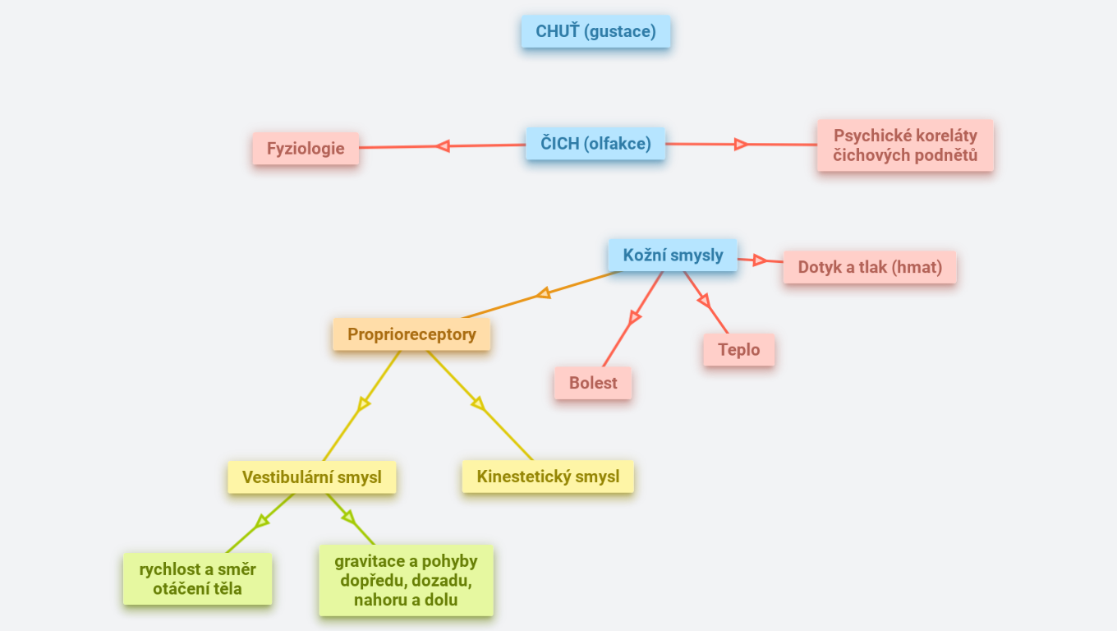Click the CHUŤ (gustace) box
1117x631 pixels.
pyautogui.click(x=595, y=32)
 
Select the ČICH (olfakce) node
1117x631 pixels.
pyautogui.click(x=595, y=144)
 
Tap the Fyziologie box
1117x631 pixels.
pyautogui.click(x=306, y=150)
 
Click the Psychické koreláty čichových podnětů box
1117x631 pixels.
pyautogui.click(x=905, y=145)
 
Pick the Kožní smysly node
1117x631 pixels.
pyautogui.click(x=673, y=255)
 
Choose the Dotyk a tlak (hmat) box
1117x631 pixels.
pyautogui.click(x=870, y=267)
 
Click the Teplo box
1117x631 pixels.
pyautogui.click(x=738, y=349)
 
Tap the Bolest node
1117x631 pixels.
pyautogui.click(x=593, y=383)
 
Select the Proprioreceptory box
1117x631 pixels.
pyautogui.click(x=411, y=334)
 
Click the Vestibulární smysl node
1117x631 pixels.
pyautogui.click(x=312, y=477)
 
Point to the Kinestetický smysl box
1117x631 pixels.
pyautogui.click(x=548, y=477)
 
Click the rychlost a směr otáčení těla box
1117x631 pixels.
pyautogui.click(x=197, y=579)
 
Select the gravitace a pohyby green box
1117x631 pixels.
pyautogui.click(x=406, y=580)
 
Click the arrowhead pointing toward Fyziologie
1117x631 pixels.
pyautogui.click(x=443, y=146)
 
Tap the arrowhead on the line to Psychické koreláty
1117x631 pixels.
pyautogui.click(x=741, y=145)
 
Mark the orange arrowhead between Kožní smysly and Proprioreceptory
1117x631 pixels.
pyautogui.click(x=543, y=293)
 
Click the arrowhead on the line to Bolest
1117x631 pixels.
pyautogui.click(x=634, y=317)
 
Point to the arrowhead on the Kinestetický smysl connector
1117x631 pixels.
pyautogui.click(x=478, y=403)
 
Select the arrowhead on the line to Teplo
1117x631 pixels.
pyautogui.click(x=704, y=302)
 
